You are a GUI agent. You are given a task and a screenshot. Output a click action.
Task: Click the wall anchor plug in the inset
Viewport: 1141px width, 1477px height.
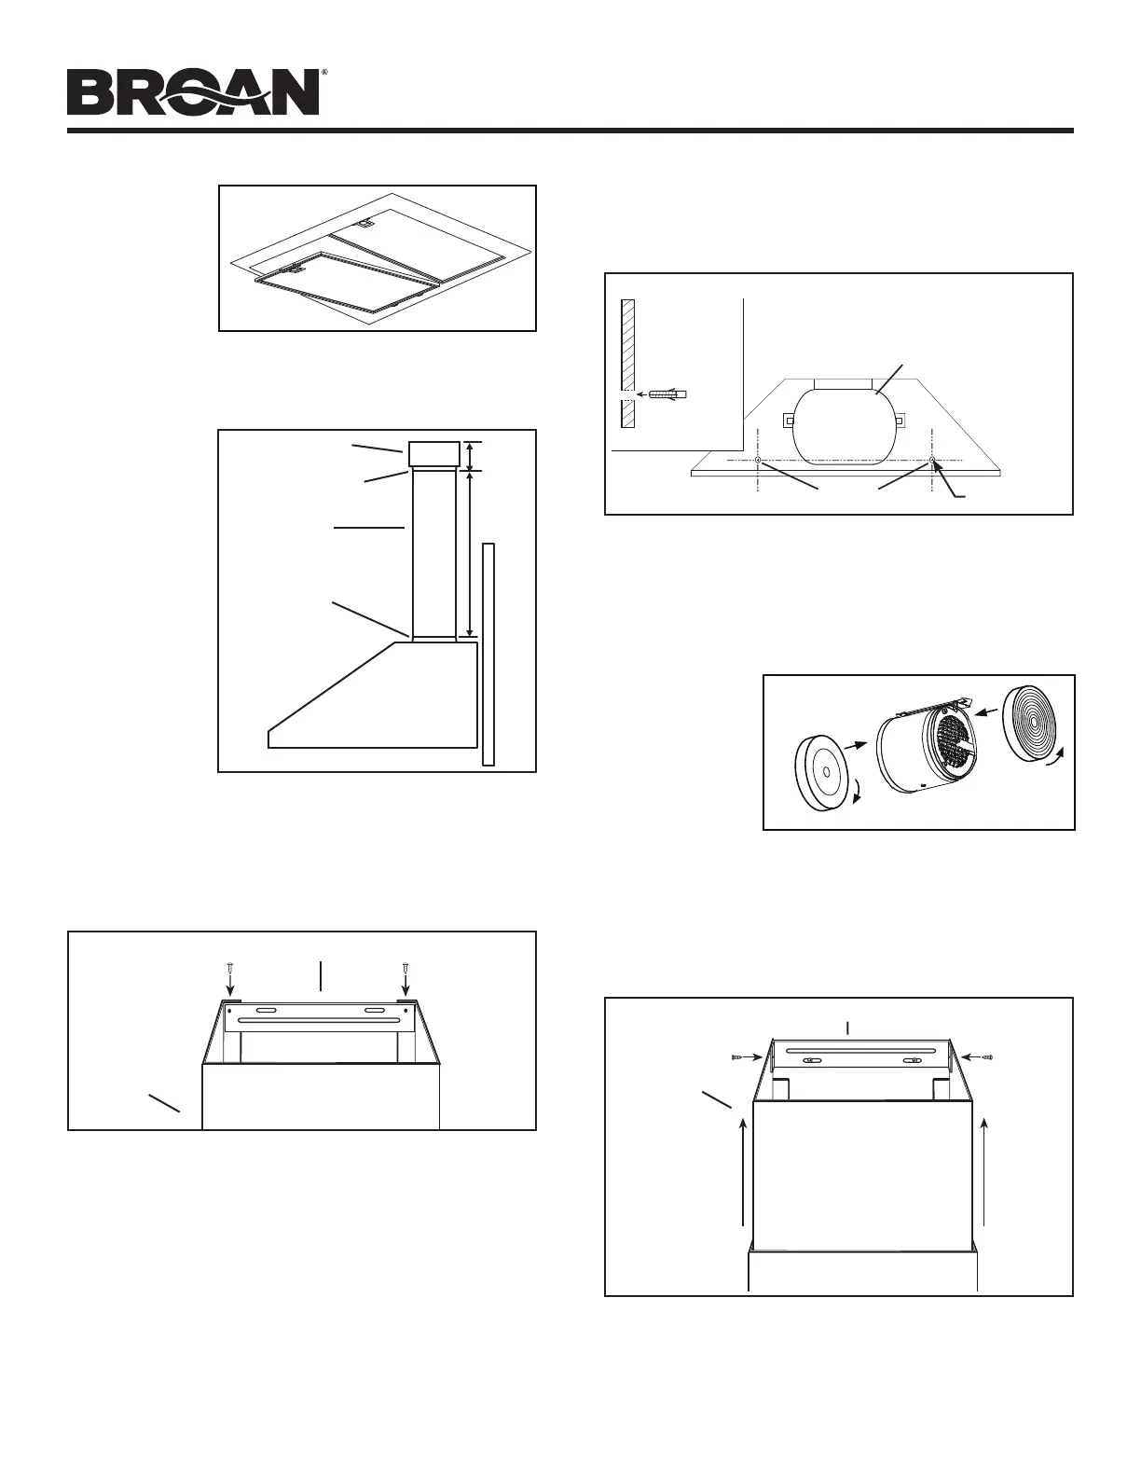[665, 394]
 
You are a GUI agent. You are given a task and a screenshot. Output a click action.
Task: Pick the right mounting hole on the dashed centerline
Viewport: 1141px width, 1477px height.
[931, 461]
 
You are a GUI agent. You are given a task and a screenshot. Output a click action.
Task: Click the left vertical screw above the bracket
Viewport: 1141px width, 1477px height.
[229, 977]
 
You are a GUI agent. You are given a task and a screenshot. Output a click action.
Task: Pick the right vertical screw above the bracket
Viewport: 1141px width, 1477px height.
[405, 977]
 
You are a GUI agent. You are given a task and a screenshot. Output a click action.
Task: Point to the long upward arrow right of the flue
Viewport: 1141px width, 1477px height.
[984, 1169]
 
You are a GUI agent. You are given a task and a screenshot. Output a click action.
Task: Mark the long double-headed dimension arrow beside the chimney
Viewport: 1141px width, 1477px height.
[469, 554]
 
